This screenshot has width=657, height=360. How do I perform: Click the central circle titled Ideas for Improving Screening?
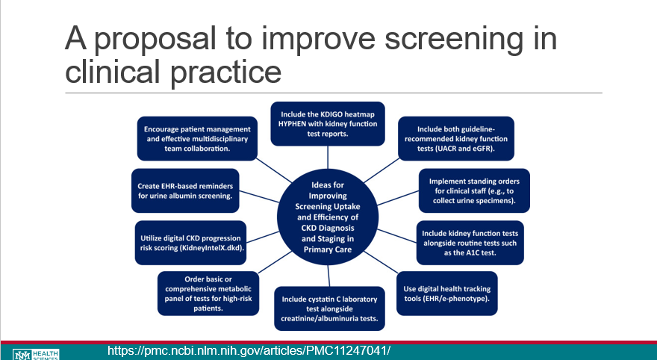pyautogui.click(x=328, y=217)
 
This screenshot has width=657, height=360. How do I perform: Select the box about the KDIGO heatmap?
pyautogui.click(x=328, y=124)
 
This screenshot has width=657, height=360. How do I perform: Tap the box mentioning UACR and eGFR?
pyautogui.click(x=456, y=138)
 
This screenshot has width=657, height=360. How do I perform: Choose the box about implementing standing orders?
pyautogui.click(x=474, y=190)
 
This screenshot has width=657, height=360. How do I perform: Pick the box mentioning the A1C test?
pyautogui.click(x=470, y=243)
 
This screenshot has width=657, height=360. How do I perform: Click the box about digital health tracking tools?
pyautogui.click(x=446, y=294)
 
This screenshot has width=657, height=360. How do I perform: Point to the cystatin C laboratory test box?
pyautogui.click(x=329, y=308)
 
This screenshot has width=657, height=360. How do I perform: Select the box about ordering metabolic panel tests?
pyautogui.click(x=208, y=294)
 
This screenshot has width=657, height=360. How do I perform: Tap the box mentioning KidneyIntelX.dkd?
pyautogui.click(x=190, y=243)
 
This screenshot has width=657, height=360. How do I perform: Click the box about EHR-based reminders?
pyautogui.click(x=185, y=190)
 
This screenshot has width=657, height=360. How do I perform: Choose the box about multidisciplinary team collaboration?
pyautogui.click(x=197, y=138)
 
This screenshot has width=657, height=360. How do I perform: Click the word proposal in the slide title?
pyautogui.click(x=155, y=40)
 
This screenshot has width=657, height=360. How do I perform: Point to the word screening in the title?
pyautogui.click(x=454, y=40)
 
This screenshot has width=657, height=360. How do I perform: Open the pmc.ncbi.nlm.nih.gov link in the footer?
pyautogui.click(x=249, y=350)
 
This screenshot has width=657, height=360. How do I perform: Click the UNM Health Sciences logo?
pyautogui.click(x=36, y=355)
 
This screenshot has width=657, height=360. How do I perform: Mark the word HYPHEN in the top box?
pyautogui.click(x=292, y=124)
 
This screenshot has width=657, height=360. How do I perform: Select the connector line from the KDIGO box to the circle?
pyautogui.click(x=328, y=157)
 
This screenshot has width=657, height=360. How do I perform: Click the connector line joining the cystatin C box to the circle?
pyautogui.click(x=329, y=276)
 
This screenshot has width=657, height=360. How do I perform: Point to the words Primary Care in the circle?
pyautogui.click(x=328, y=249)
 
